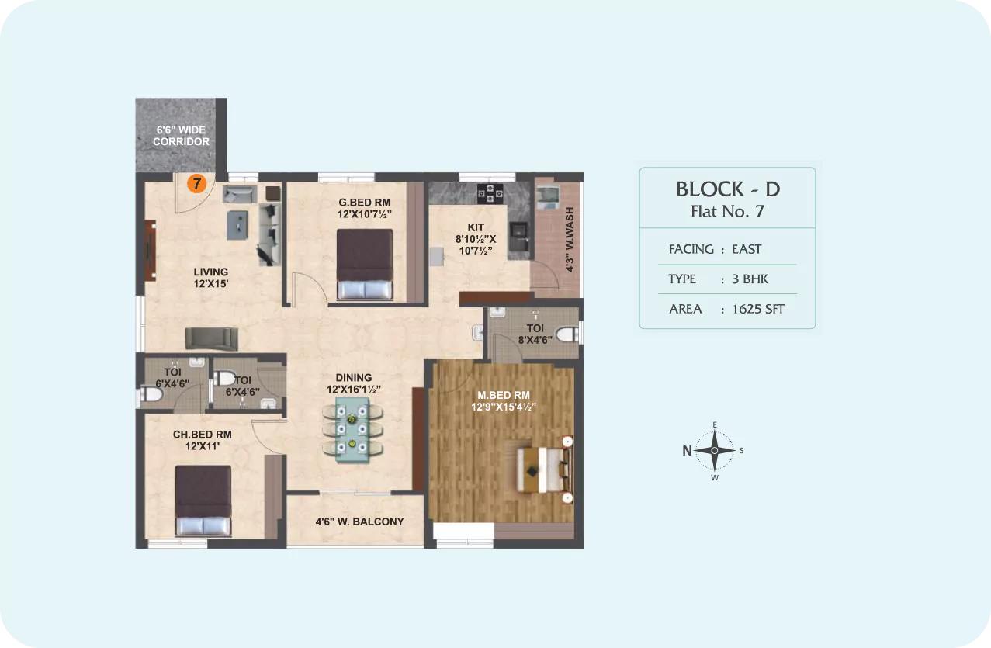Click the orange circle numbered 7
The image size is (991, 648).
pos(197,184)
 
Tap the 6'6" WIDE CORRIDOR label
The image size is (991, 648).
pos(182,136)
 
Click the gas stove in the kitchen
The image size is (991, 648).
pos(490,194)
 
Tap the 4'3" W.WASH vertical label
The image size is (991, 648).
pos(570,239)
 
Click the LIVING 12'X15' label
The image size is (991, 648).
pos(210,278)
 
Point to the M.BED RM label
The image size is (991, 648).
pos(504,396)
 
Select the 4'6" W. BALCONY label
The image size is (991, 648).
pos(359,522)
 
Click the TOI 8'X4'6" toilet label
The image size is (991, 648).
pos(535,334)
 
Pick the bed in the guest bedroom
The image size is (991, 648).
pos(365,264)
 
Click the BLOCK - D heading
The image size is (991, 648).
pos(728,189)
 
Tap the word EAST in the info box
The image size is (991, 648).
pos(747,249)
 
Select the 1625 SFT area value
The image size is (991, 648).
pos(758,309)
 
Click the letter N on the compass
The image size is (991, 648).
pos(687,451)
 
